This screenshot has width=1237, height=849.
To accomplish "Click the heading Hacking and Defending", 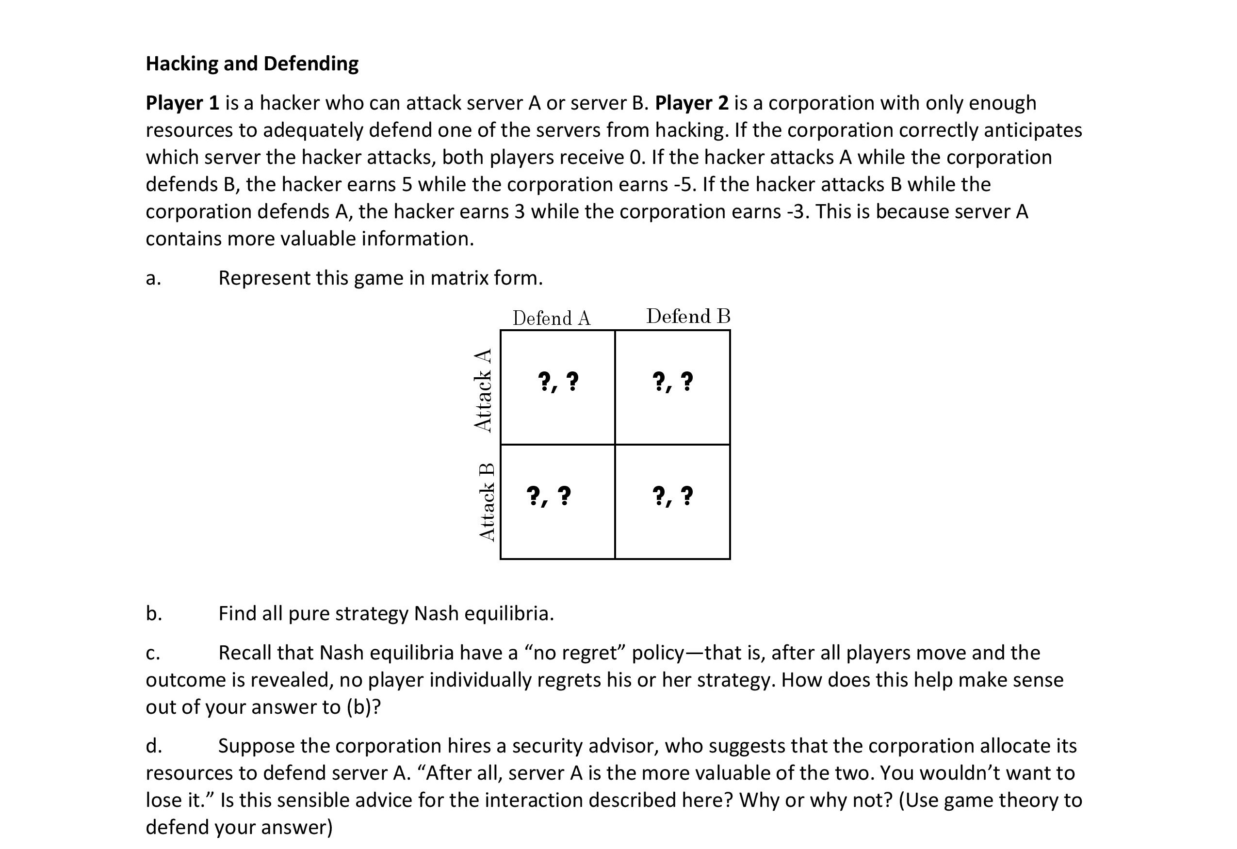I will tap(252, 64).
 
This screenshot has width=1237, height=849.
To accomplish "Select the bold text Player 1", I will tap(182, 103).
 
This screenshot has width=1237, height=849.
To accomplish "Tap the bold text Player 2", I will tap(691, 103).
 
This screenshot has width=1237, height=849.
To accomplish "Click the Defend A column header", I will tap(552, 319).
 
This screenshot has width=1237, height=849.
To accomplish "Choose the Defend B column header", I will tap(688, 317).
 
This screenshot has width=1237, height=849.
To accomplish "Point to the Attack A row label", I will tap(483, 389).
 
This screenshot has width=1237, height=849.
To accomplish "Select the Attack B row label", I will tap(487, 502).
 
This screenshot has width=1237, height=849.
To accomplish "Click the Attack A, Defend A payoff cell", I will tap(558, 387).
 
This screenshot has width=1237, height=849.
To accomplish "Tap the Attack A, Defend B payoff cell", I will tap(672, 387).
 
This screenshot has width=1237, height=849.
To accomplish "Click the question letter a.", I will tap(153, 278).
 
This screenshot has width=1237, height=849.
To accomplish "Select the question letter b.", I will tap(154, 613).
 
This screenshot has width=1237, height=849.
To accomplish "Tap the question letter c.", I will tap(153, 653).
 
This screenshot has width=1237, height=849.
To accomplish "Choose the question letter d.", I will tap(154, 746).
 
